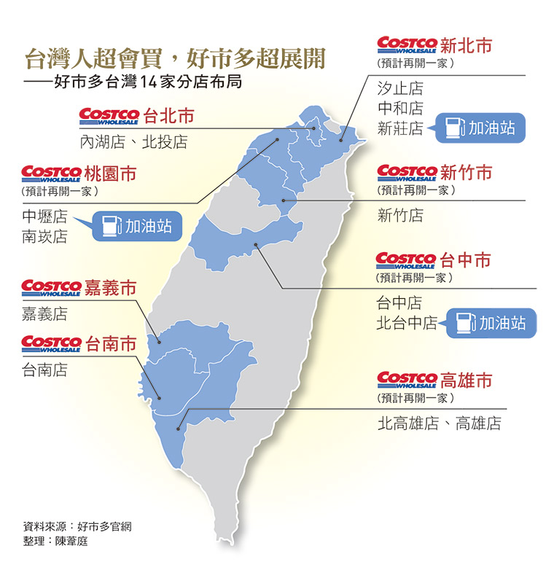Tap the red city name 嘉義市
click(111, 288)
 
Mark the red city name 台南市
click(111, 343)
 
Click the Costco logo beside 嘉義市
click(51, 289)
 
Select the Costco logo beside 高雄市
click(407, 380)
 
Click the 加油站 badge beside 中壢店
click(137, 225)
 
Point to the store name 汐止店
click(400, 89)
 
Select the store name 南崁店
click(44, 237)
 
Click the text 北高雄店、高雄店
click(439, 423)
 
